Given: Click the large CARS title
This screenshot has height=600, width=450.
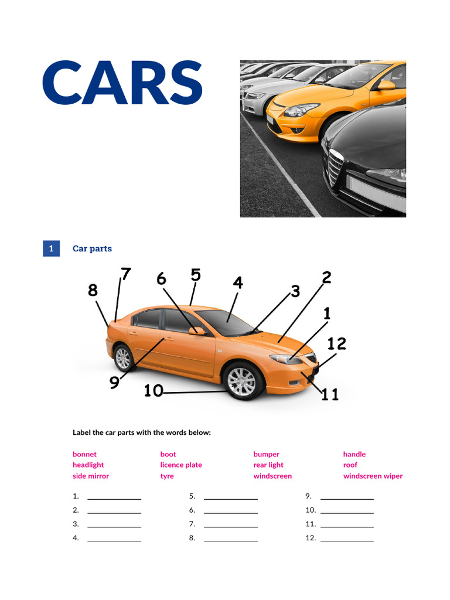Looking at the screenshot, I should pos(122,83).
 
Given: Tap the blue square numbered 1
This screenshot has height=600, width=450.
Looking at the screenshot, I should pos(51,248).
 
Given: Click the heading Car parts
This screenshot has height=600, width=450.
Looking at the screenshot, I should pos(92,248).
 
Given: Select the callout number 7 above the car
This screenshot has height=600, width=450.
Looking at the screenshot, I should pos(125,274).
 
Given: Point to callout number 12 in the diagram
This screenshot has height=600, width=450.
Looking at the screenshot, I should pos(336,344).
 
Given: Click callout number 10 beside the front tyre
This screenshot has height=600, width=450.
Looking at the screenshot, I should pos(154,390).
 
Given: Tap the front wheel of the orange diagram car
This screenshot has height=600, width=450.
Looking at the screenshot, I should pos(241,381).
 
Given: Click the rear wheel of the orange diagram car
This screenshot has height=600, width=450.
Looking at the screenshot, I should pos(123,358).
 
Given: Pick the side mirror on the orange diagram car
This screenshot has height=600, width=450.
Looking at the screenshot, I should pos(197,331).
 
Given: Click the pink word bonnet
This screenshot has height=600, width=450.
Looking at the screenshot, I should pos(84,454).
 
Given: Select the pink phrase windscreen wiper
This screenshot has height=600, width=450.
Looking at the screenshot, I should pos(373,476).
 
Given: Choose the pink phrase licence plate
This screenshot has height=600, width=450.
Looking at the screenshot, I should pos(180,465).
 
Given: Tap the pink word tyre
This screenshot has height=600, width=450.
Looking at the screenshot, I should pos(167,476).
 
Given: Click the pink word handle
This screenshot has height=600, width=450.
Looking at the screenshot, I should pos(354,454).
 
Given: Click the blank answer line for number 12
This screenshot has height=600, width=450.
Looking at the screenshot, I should pos(347,540).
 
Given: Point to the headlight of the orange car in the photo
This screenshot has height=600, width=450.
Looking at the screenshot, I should pos(301,110).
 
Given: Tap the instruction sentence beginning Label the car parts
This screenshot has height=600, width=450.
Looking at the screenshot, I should pos(141,432).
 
